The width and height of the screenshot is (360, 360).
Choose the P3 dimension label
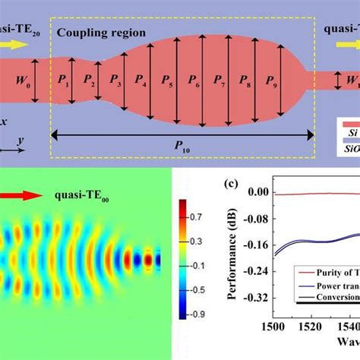pyautogui.click(x=115, y=78)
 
